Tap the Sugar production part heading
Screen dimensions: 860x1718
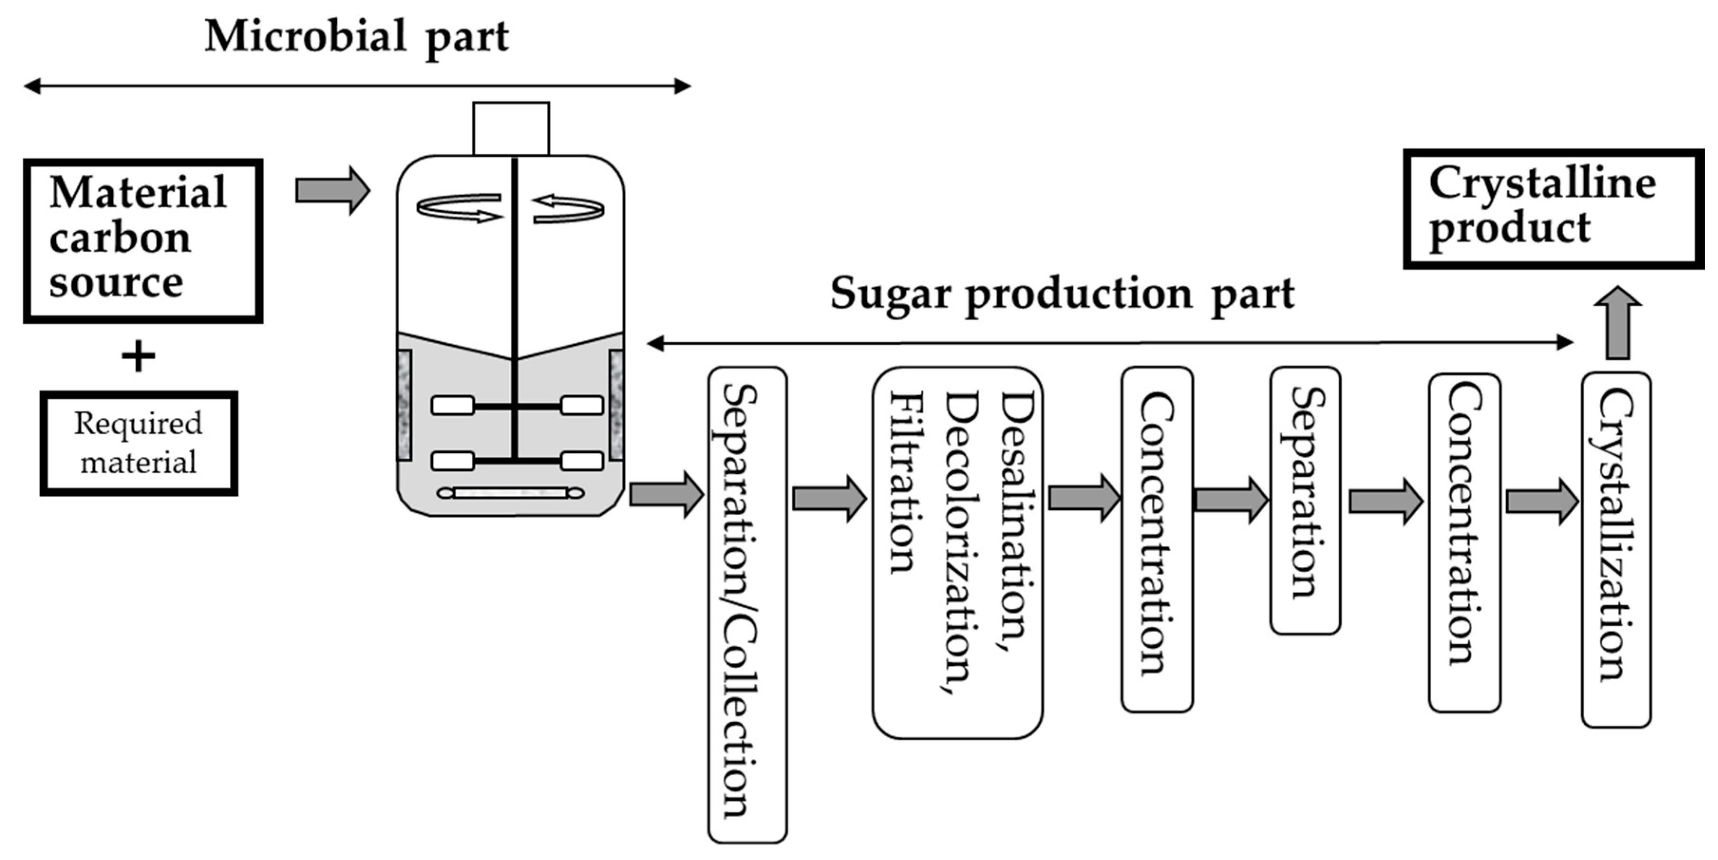click(1062, 293)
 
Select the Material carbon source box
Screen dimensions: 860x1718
click(143, 241)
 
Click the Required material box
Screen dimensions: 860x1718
click(139, 444)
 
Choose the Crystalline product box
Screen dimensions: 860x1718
click(1553, 208)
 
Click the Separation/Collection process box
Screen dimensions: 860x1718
click(747, 604)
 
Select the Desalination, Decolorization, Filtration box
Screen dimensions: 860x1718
click(958, 552)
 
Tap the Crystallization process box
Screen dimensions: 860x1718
click(1616, 549)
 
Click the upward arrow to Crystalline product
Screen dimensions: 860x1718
click(1617, 323)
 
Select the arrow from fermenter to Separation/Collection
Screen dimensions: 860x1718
click(666, 494)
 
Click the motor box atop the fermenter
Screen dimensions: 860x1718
click(511, 128)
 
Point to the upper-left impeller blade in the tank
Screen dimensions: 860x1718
click(453, 405)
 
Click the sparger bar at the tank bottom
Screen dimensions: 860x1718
click(510, 493)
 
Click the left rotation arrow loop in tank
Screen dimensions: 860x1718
click(459, 207)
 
